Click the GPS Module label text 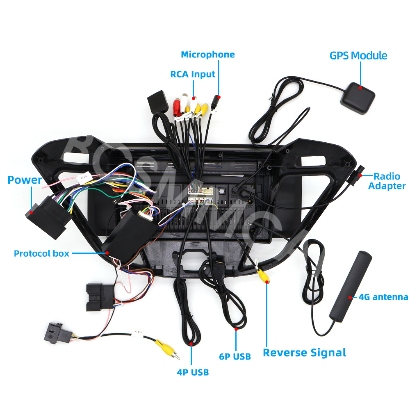tap(358, 55)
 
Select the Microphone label tap(208, 55)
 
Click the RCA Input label tap(193, 74)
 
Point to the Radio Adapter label tap(387, 181)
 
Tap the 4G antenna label tap(383, 297)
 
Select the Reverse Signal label tap(304, 353)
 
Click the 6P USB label tap(235, 357)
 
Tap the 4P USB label tap(193, 372)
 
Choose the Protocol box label tap(41, 253)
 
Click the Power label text tap(25, 180)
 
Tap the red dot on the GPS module tap(360, 87)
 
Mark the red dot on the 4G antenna tap(350, 297)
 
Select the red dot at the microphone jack tap(219, 97)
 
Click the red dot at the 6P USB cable tap(236, 328)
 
